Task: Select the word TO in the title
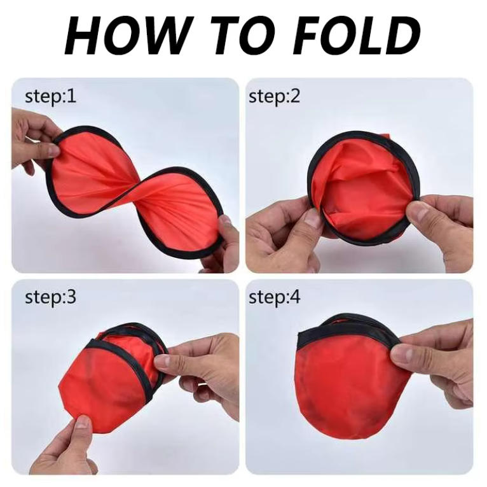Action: point(241,35)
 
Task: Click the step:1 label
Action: point(51,97)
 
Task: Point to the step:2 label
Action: point(275,97)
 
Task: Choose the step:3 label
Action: point(51,298)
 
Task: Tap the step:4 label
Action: point(275,298)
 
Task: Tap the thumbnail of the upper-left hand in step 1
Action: point(53,151)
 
